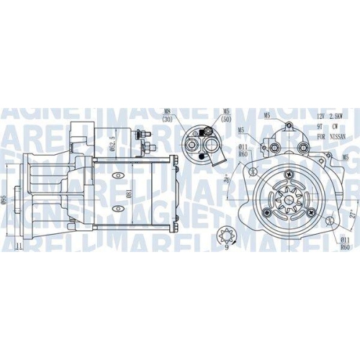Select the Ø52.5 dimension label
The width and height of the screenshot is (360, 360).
pos(111,138)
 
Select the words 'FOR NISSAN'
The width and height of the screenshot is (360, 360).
pos(327,136)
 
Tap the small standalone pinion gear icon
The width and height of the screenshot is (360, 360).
pos(224,234)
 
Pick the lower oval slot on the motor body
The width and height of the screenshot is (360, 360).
pos(120,208)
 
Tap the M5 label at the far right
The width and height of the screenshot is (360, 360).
pos(346,157)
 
